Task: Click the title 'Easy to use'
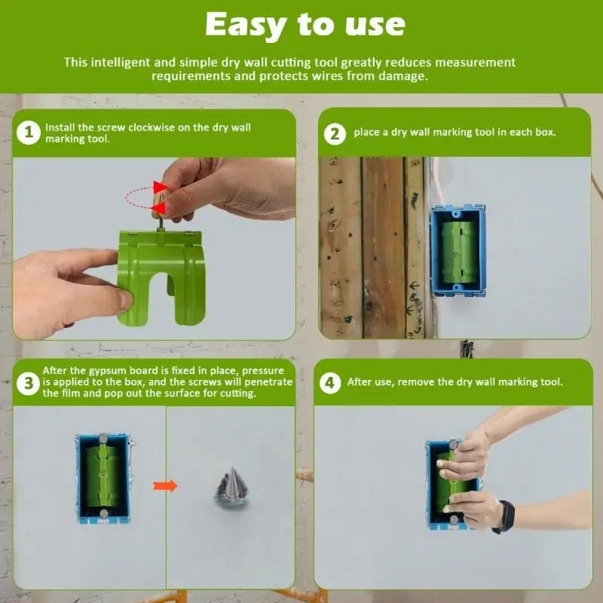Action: [x=305, y=25]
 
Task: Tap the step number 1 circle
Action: [x=28, y=133]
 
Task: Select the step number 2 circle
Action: [x=335, y=133]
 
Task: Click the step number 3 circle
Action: [x=28, y=384]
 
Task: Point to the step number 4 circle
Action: [x=329, y=382]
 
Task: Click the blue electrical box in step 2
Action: [x=458, y=249]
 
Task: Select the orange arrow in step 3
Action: [x=165, y=485]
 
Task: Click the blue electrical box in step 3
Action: [x=103, y=478]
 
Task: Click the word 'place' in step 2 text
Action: [x=366, y=133]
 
